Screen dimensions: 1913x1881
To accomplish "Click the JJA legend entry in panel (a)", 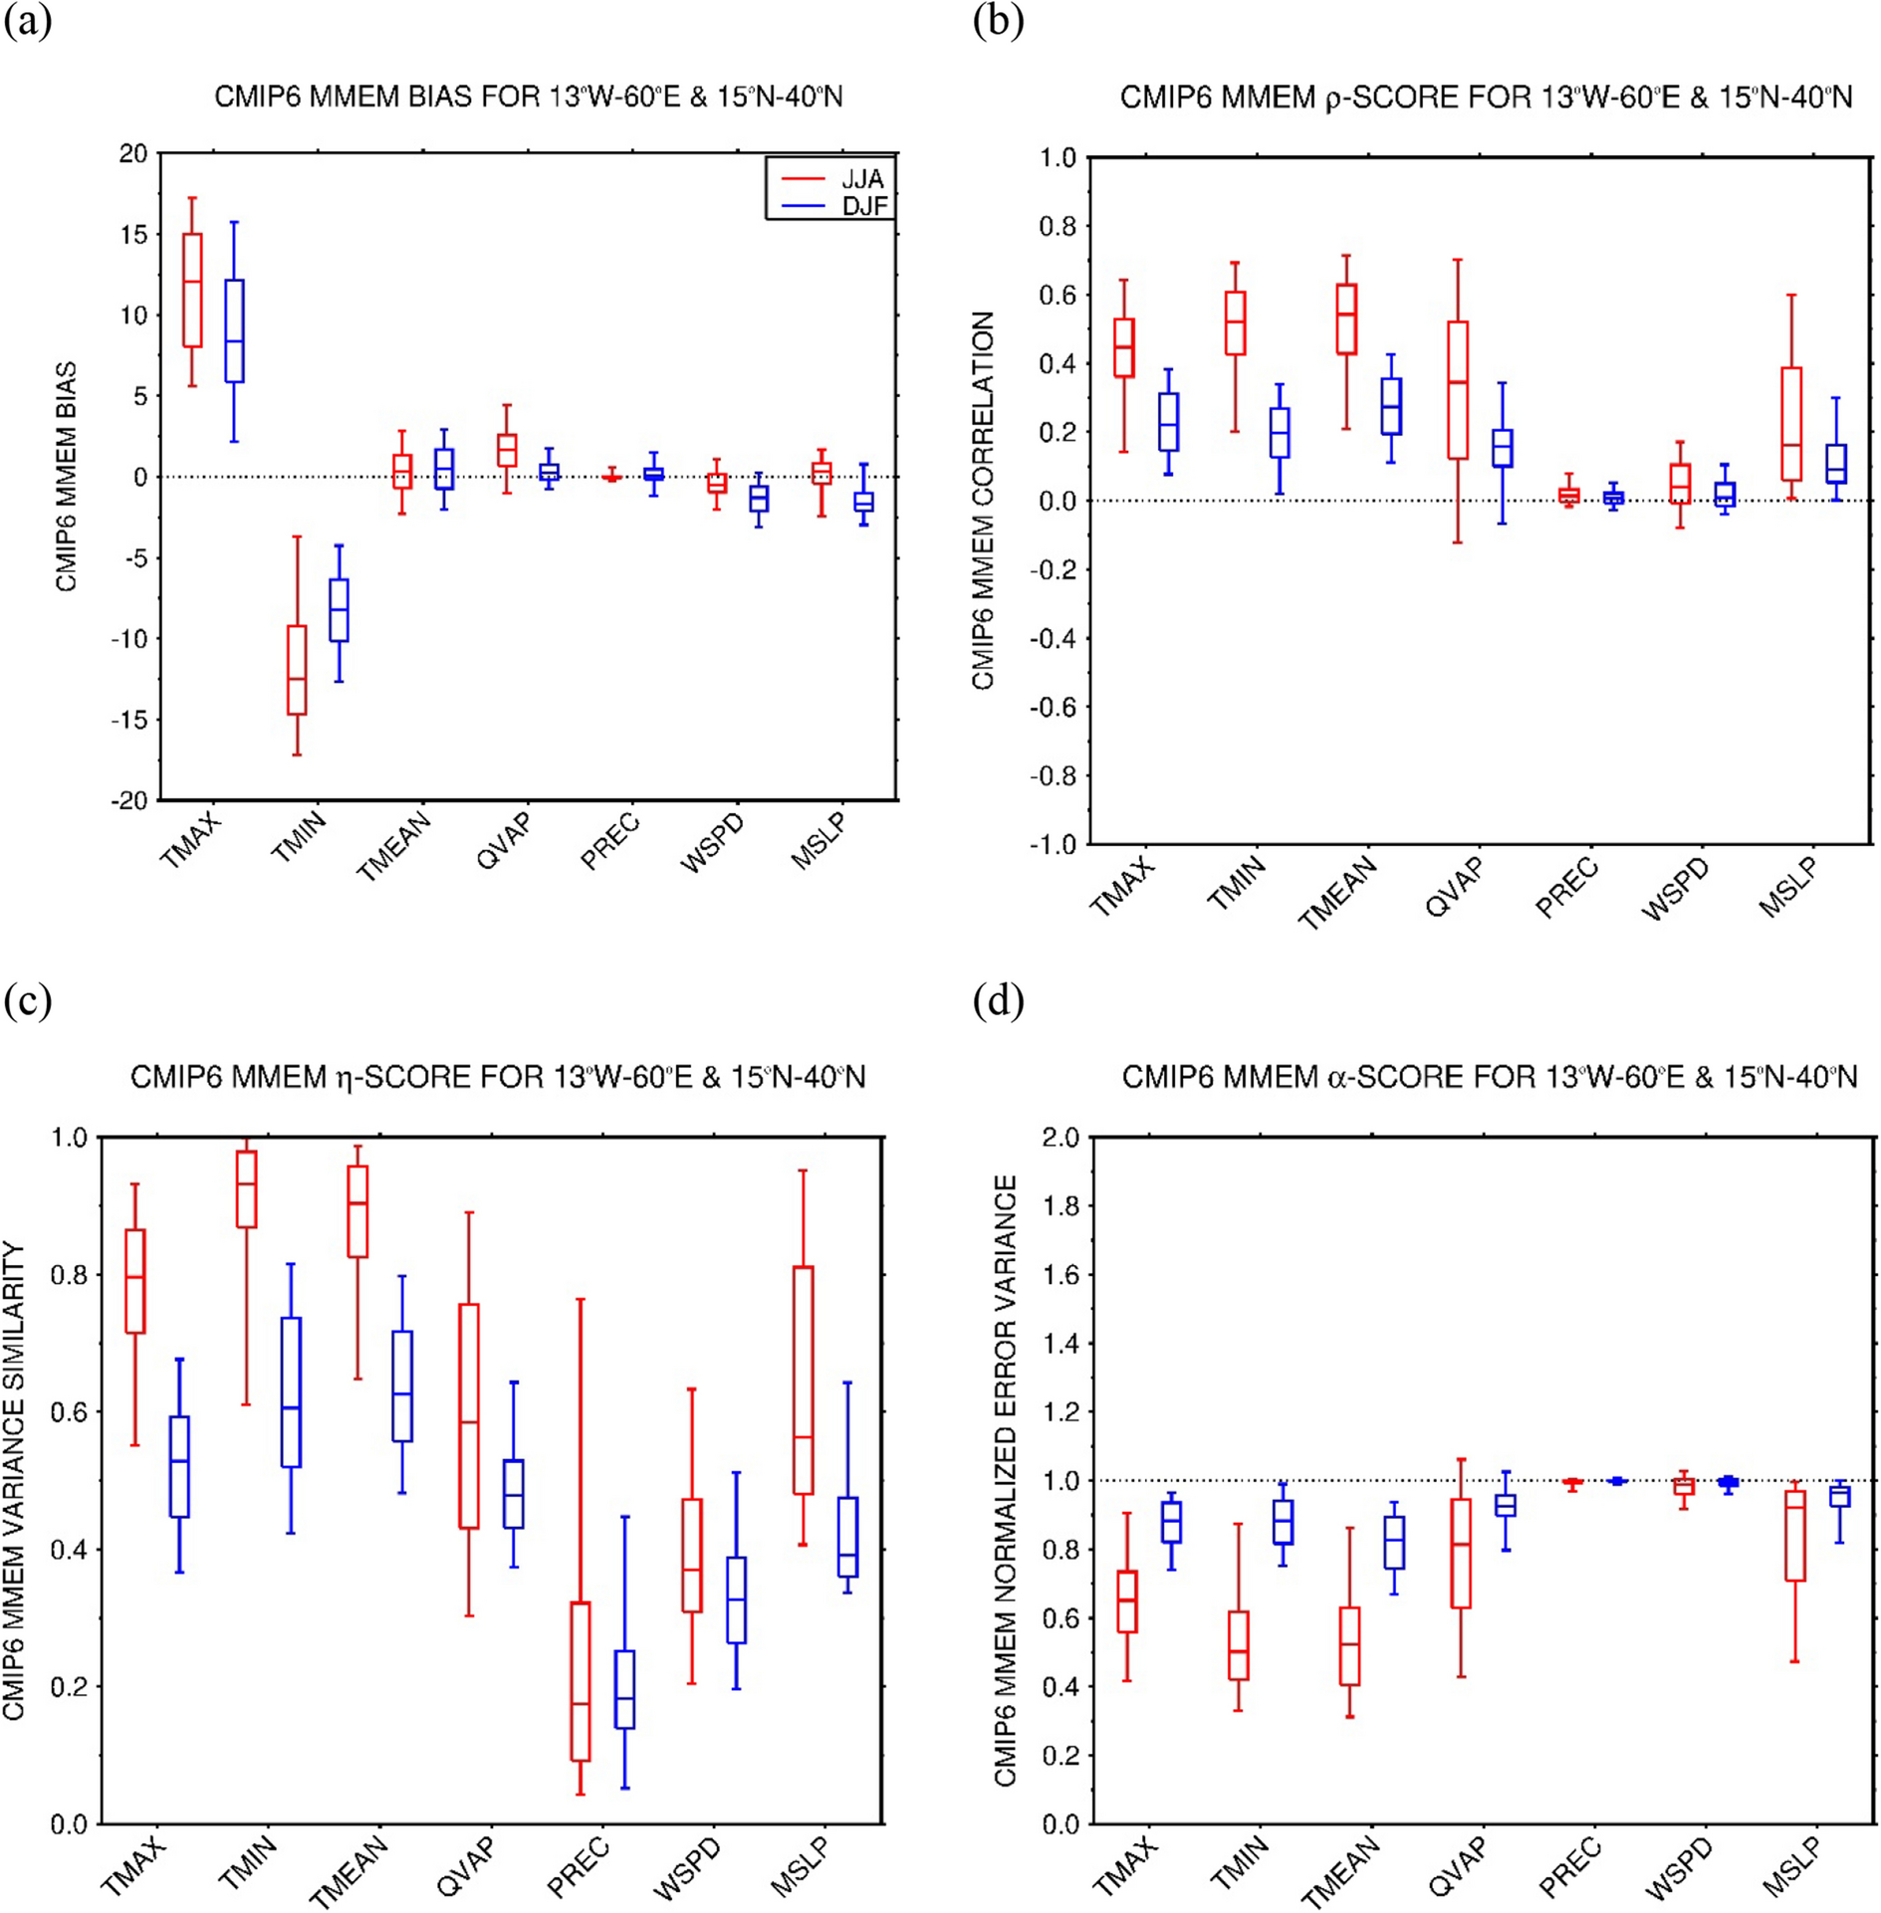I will [861, 179].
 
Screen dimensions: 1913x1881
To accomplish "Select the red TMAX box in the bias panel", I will [192, 290].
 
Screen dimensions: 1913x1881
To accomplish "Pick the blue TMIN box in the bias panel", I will [339, 610].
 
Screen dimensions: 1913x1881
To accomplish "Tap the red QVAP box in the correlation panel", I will [1457, 389].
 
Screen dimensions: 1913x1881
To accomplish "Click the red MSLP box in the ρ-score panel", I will [1791, 424].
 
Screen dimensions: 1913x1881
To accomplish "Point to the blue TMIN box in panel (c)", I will [291, 1391].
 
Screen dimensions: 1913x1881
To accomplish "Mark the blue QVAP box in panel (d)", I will [1506, 1504].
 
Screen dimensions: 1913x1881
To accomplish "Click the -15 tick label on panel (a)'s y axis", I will [128, 720].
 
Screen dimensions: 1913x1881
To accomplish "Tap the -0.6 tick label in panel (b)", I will [1056, 707].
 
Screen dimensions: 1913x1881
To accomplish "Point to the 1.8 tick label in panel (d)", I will [1059, 1206].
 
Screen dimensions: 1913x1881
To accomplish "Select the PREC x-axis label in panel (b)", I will [1566, 889].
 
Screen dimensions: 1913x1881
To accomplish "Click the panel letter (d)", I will [998, 999].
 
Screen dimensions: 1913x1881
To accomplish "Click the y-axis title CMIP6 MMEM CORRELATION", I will [984, 501].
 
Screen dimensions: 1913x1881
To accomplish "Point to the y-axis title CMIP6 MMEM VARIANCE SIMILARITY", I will [13, 1480].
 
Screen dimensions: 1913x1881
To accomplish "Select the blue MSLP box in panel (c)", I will [847, 1536].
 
